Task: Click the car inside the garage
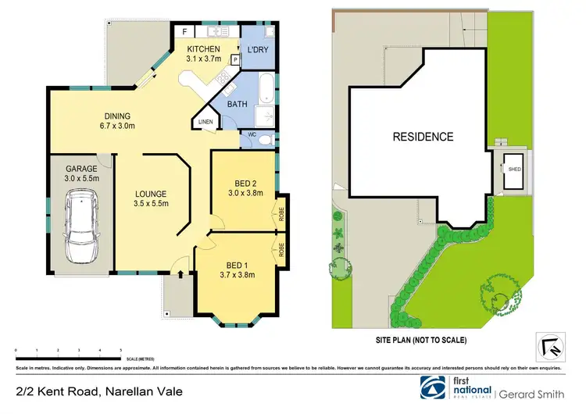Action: click(x=80, y=229)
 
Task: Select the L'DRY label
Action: click(x=257, y=50)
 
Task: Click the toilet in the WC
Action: click(x=265, y=141)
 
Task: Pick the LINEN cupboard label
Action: click(x=205, y=122)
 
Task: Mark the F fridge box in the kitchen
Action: click(x=184, y=32)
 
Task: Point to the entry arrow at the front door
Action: click(x=181, y=273)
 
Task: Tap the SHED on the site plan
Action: click(x=515, y=169)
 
